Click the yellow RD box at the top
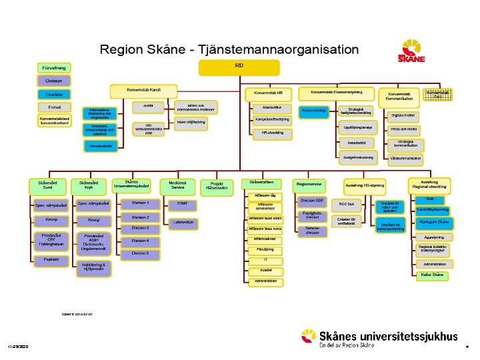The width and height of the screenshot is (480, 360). click(239, 67)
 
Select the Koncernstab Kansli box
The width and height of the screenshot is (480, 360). click(143, 90)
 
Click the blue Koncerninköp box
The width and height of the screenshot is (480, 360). click(314, 110)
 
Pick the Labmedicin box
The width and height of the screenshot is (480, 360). click(183, 222)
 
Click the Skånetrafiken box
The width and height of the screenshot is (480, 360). click(261, 182)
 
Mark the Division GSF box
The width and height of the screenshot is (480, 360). click(313, 200)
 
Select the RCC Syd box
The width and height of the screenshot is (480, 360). click(347, 203)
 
